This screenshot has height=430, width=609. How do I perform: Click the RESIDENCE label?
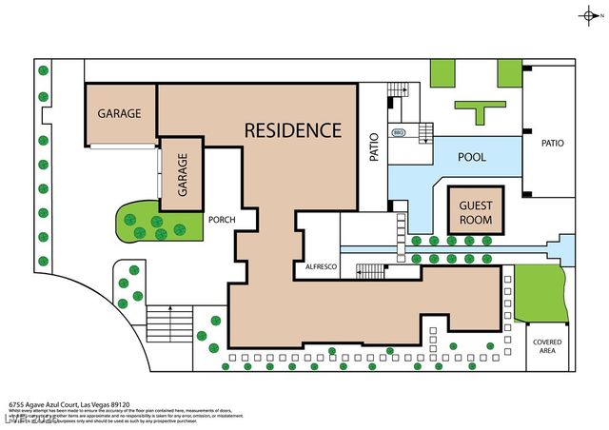click(x=292, y=129)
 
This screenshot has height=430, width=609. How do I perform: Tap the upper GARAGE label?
click(x=119, y=113)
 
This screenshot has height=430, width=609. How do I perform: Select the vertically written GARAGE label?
click(x=182, y=173)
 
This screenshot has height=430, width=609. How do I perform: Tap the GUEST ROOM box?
click(x=475, y=210)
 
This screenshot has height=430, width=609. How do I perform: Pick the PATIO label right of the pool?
click(x=552, y=144)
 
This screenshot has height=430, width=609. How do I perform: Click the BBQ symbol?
click(x=398, y=134)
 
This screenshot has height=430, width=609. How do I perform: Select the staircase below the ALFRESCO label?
click(x=371, y=272)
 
